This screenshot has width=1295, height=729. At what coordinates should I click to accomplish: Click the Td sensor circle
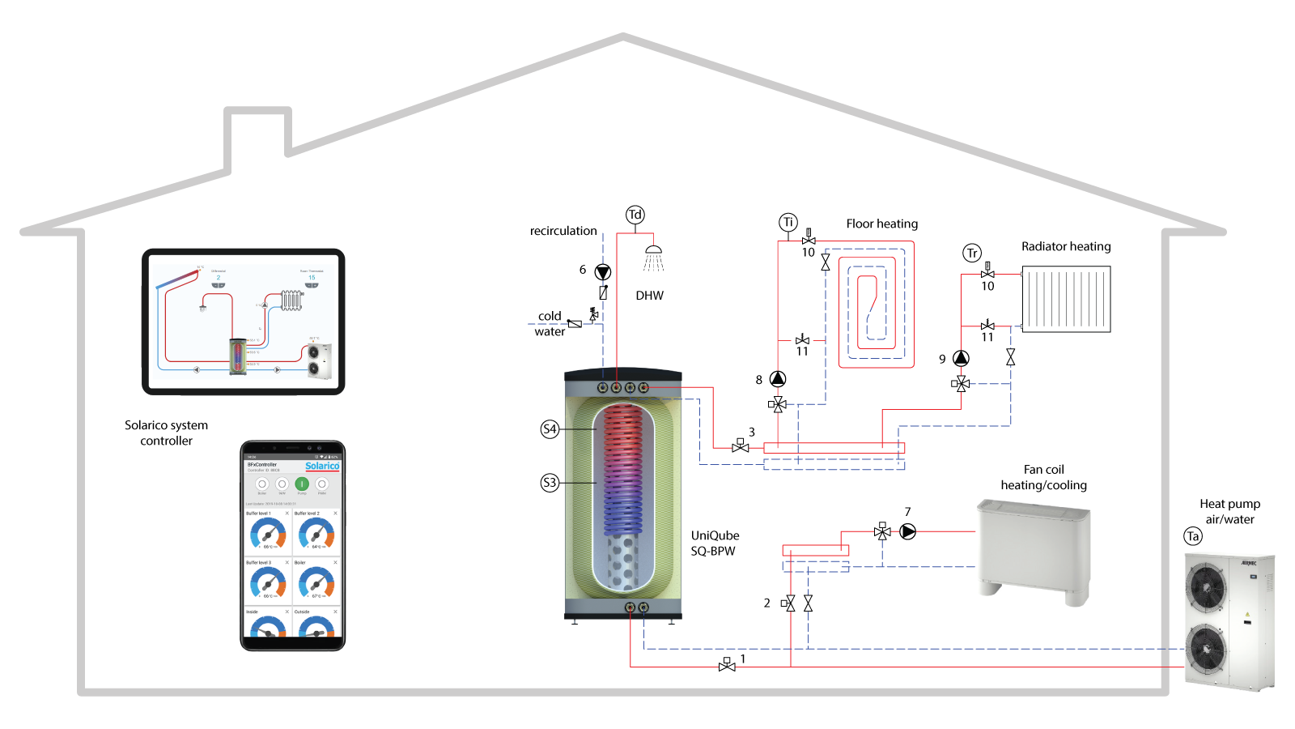(x=635, y=215)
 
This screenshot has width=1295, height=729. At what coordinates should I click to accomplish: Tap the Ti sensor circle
(x=788, y=223)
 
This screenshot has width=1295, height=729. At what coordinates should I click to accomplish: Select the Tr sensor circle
(x=972, y=254)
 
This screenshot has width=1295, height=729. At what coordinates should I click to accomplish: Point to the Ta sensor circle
(x=1192, y=536)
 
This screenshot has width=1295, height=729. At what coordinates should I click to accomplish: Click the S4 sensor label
(x=550, y=429)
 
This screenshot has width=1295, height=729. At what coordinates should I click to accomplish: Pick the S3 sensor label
(x=550, y=483)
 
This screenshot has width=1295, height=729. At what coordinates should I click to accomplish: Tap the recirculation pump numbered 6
(x=603, y=272)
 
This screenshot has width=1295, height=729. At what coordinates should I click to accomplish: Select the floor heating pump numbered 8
(x=778, y=379)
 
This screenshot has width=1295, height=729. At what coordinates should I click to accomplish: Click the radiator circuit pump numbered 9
(x=961, y=358)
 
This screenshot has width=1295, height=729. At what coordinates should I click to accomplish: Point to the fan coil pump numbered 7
(x=908, y=531)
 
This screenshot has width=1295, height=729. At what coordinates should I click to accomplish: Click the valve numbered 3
(x=740, y=446)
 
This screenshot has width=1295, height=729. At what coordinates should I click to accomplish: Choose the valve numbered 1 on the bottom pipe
(x=727, y=665)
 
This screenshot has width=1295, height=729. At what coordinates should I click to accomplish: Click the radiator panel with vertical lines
(x=1066, y=299)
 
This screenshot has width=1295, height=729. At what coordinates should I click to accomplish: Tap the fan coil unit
(x=1033, y=551)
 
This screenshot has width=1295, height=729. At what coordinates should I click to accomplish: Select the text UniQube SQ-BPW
(x=715, y=544)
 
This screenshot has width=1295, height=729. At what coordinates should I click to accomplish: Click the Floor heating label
(x=881, y=224)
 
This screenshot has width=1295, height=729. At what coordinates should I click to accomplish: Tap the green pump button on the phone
(x=302, y=484)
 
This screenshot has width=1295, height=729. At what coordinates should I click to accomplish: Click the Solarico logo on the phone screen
(x=322, y=466)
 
